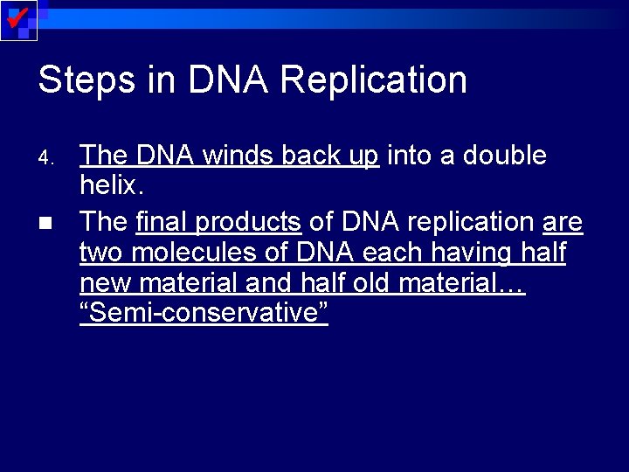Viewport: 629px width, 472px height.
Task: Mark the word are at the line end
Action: (x=563, y=222)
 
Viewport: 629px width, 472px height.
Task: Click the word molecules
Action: (x=190, y=253)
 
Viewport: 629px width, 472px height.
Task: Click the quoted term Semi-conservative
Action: (x=204, y=314)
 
